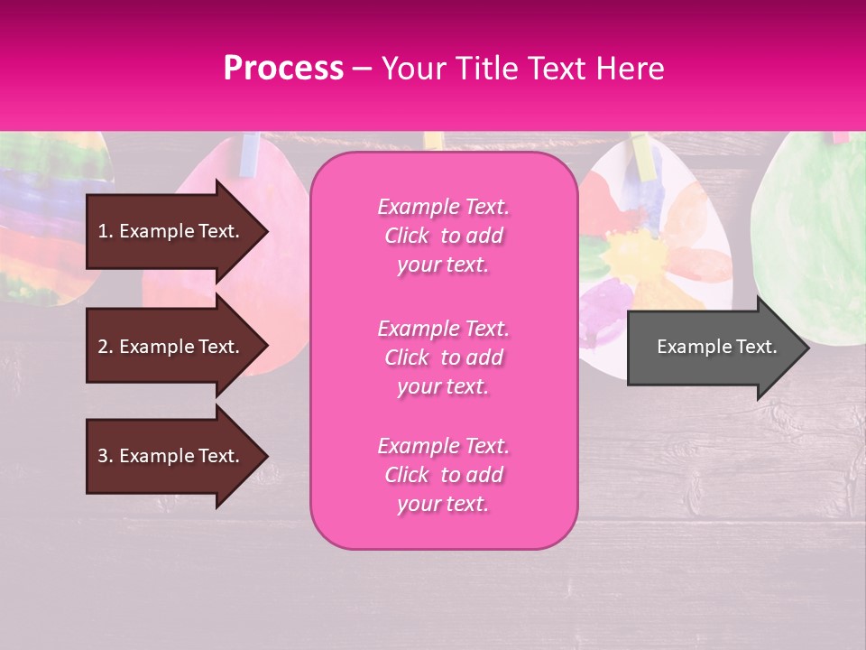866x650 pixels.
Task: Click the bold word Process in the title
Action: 283,69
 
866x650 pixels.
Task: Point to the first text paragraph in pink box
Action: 443,236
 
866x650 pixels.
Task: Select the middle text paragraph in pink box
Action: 443,357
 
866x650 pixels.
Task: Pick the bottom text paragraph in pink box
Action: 443,475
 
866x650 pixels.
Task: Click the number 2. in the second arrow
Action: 106,347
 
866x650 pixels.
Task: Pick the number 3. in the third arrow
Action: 106,456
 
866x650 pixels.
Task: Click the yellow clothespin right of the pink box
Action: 434,141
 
